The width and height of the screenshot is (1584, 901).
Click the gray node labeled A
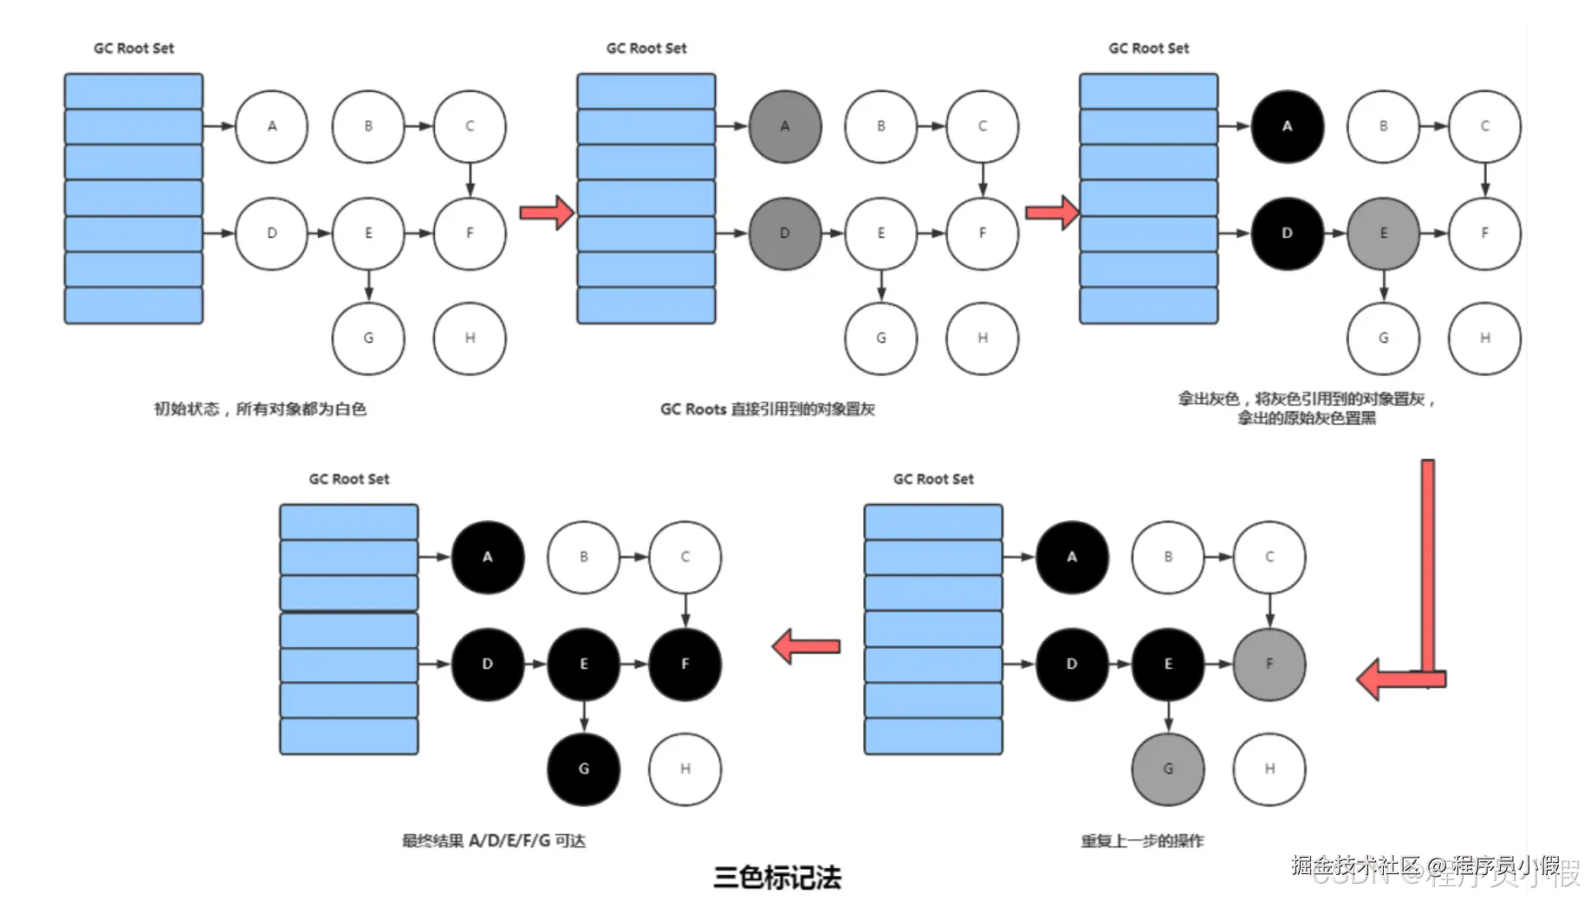point(784,126)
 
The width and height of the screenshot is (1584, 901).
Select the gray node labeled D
point(784,233)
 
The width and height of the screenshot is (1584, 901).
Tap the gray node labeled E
point(1383,233)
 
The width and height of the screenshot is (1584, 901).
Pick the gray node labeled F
point(1269,664)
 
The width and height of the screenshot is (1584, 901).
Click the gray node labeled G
point(1167,768)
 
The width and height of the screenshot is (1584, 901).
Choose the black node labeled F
point(685,664)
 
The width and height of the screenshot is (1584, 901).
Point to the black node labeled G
point(583,768)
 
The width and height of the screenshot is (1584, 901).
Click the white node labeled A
point(271,126)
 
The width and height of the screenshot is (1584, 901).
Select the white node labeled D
point(271,233)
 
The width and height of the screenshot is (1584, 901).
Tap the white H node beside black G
point(685,768)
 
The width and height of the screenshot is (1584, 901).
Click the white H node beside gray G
point(1269,768)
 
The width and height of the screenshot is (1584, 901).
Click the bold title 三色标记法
point(776,877)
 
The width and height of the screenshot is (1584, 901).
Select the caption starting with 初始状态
point(260,409)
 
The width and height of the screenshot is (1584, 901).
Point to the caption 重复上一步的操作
point(1141,840)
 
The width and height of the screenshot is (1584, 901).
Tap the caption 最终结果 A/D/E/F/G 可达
point(493,840)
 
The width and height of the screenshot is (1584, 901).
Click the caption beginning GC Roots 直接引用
point(767,409)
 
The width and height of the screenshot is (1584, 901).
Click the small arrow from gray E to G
point(1383,285)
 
